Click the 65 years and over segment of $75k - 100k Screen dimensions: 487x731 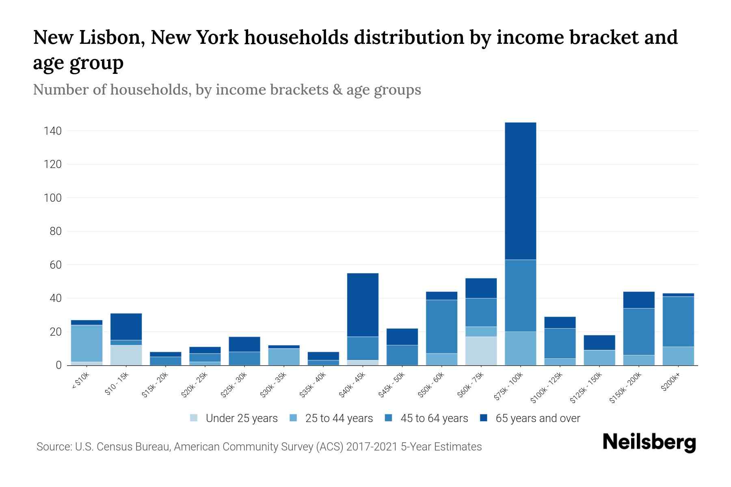pyautogui.click(x=520, y=191)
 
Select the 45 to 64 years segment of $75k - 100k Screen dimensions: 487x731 pyautogui.click(x=520, y=295)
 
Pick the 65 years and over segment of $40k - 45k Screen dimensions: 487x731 pyautogui.click(x=363, y=305)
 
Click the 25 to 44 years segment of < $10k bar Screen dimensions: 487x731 pyautogui.click(x=87, y=343)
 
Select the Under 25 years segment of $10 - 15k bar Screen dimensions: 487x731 pyautogui.click(x=126, y=355)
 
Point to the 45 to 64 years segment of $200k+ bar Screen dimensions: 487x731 pyautogui.click(x=678, y=321)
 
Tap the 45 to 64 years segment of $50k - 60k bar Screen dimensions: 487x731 pyautogui.click(x=441, y=327)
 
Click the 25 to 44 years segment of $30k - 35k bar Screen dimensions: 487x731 pyautogui.click(x=284, y=357)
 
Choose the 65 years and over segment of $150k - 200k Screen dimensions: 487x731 pyautogui.click(x=639, y=300)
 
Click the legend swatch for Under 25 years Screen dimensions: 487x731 pyautogui.click(x=194, y=418)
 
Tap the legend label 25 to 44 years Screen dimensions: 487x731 pyautogui.click(x=339, y=418)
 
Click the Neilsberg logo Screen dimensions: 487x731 pyautogui.click(x=649, y=442)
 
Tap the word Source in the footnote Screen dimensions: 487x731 pyautogui.click(x=53, y=447)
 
